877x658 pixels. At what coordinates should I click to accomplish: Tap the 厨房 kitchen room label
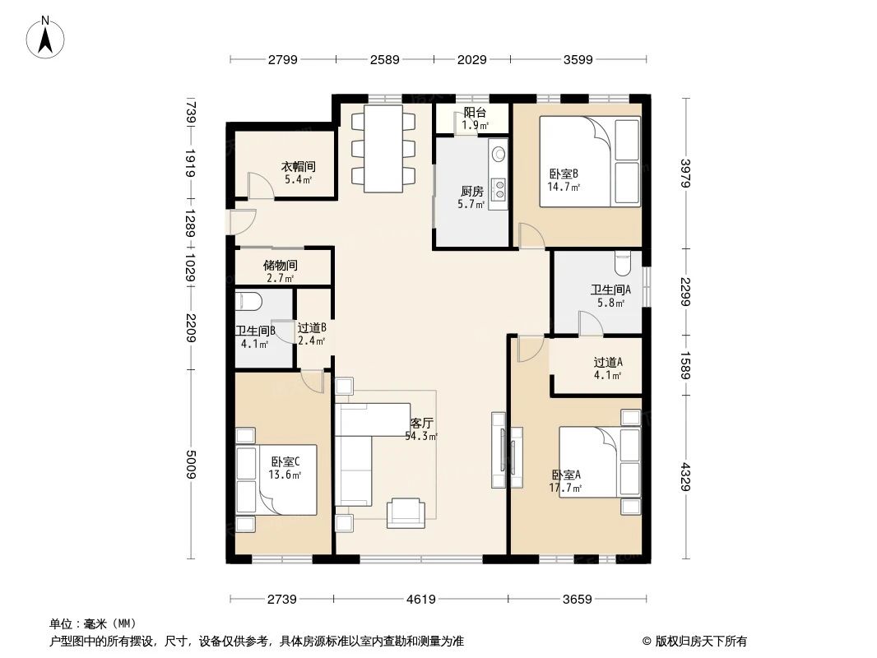(x=471, y=192)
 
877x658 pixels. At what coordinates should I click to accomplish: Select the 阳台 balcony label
(x=475, y=113)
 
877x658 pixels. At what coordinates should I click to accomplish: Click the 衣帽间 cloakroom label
(x=299, y=166)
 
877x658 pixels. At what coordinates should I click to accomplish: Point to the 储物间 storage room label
(x=280, y=266)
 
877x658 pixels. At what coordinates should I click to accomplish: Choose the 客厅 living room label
(x=421, y=424)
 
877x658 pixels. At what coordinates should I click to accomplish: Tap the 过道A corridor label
(x=607, y=362)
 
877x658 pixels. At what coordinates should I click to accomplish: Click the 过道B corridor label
(x=312, y=327)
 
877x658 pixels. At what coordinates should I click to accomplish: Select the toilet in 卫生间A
(x=622, y=263)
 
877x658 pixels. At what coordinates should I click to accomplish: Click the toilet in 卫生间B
(x=248, y=301)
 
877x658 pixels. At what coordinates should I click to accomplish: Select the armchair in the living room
(x=407, y=512)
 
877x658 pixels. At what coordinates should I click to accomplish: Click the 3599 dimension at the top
(x=578, y=59)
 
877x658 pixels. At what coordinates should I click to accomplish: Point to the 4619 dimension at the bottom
(x=420, y=600)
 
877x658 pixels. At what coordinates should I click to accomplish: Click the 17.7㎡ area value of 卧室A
(x=566, y=489)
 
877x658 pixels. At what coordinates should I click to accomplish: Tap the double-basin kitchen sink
(x=498, y=190)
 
